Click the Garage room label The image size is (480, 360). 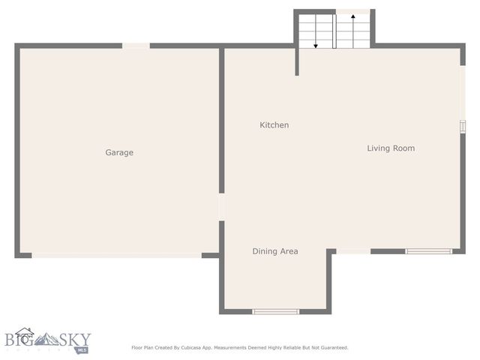pos(119,152)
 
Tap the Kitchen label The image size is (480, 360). pos(274,125)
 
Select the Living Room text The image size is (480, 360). pos(390,148)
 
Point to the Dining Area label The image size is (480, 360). pos(274,251)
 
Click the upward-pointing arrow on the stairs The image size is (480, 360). pos(352,28)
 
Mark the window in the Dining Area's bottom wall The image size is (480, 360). pos(275,311)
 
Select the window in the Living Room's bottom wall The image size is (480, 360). pos(428,251)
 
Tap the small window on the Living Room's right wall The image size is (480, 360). pos(463,127)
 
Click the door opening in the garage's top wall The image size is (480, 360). pos(136,46)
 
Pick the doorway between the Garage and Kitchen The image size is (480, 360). pos(221,207)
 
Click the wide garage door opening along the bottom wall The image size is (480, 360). pos(116,255)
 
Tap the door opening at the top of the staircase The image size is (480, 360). pos(352,11)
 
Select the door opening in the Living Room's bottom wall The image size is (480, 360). pos(352,251)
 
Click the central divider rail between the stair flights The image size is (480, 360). pos(334,30)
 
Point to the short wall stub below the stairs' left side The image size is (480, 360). pos(297,61)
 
